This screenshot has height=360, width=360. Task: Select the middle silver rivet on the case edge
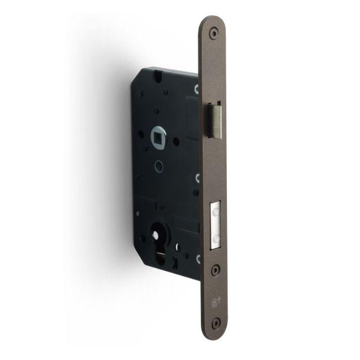[x=197, y=178]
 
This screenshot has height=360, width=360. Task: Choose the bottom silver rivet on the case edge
[x=199, y=257]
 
